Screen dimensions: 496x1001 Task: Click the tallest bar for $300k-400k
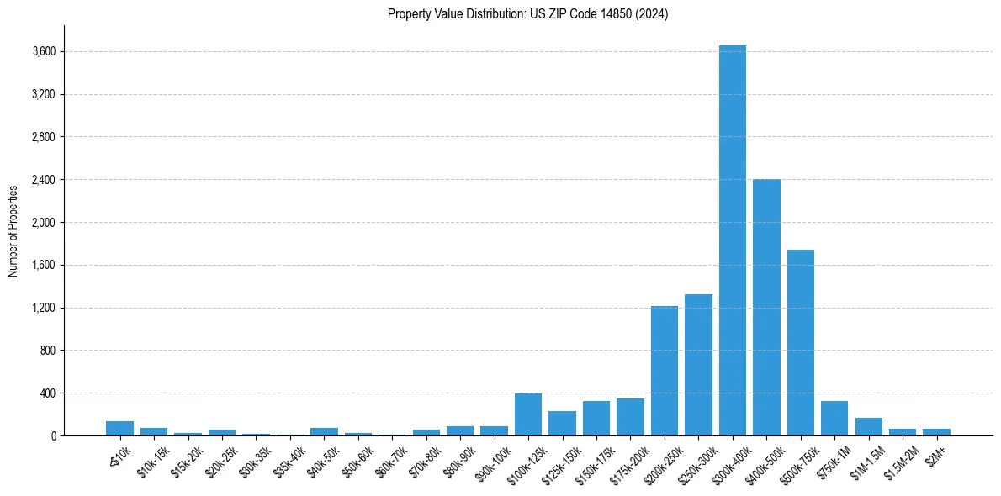point(733,244)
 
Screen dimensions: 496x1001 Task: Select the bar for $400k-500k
point(766,308)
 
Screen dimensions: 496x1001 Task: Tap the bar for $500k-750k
point(801,343)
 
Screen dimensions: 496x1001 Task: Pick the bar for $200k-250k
point(665,371)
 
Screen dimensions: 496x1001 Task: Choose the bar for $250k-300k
point(698,365)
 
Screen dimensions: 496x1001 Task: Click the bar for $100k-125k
point(528,414)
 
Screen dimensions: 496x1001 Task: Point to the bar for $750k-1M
point(834,419)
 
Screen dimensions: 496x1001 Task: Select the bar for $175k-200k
point(630,417)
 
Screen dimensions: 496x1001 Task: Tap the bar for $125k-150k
point(562,424)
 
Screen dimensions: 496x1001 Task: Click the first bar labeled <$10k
point(119,429)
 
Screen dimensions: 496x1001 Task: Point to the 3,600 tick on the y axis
point(44,51)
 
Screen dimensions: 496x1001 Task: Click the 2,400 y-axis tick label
point(44,180)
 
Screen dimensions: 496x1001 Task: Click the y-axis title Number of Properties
point(13,230)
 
